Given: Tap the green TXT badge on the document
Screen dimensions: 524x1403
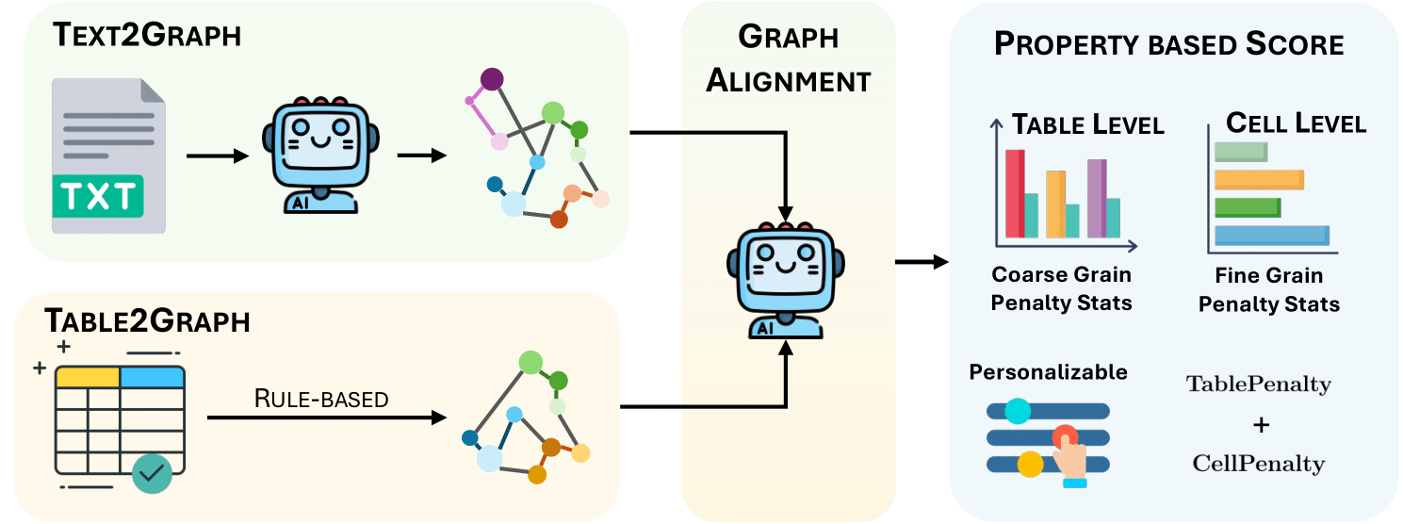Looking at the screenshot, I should (x=98, y=197).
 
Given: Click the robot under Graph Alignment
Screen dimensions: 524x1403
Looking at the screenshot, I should (x=784, y=277).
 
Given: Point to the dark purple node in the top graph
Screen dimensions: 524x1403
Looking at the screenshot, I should (x=491, y=78).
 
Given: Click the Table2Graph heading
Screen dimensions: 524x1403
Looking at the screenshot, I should (x=147, y=321).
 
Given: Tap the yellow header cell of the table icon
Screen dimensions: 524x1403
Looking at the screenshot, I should (x=88, y=377).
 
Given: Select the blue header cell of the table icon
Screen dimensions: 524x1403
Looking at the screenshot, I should (x=152, y=377).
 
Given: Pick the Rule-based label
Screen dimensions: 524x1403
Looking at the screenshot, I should (x=321, y=399).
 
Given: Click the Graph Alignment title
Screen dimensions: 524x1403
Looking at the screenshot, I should (x=788, y=59).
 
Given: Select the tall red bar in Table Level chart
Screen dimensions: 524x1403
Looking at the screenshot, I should (x=1015, y=193).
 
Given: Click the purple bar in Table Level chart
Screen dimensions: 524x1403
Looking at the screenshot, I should (x=1096, y=198).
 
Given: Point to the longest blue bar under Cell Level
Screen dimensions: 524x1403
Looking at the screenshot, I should (x=1272, y=236).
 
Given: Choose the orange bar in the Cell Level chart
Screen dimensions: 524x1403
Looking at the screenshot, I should (x=1259, y=179).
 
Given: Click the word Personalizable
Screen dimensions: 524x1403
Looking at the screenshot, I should (x=1048, y=372).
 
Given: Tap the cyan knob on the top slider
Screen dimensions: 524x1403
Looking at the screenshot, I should (x=1017, y=411).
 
